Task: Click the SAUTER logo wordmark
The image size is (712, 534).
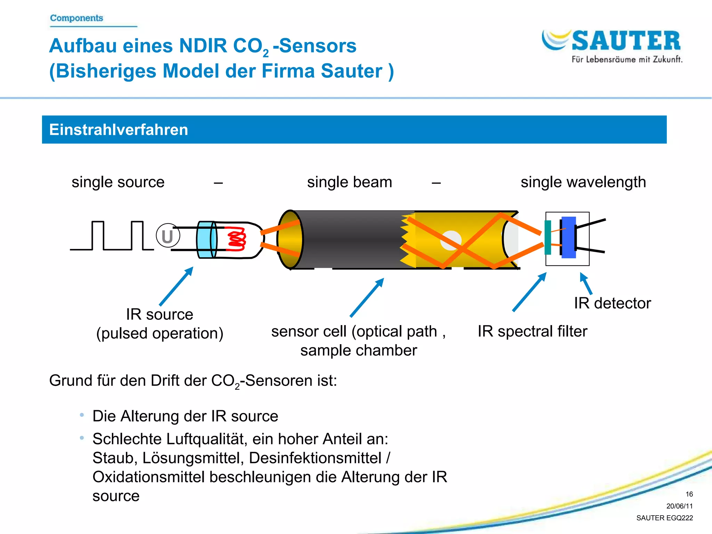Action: [626, 41]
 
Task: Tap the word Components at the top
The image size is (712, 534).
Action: [76, 18]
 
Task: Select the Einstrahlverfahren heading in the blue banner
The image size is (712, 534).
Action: [119, 130]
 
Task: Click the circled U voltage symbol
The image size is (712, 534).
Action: [168, 236]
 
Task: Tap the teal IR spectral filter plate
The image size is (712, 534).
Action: [548, 237]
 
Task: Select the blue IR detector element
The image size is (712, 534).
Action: [569, 237]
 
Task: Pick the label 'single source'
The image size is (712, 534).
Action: [118, 182]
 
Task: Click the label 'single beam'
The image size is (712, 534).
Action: [349, 182]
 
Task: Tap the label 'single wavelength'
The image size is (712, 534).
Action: [583, 182]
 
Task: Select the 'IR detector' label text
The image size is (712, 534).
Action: [612, 303]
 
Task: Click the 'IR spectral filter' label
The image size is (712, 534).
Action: [532, 331]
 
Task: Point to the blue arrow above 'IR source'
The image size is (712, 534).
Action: [176, 286]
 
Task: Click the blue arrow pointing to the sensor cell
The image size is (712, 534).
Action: [367, 298]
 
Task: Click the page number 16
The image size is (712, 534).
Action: [689, 494]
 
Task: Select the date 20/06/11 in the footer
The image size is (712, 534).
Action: [679, 506]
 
